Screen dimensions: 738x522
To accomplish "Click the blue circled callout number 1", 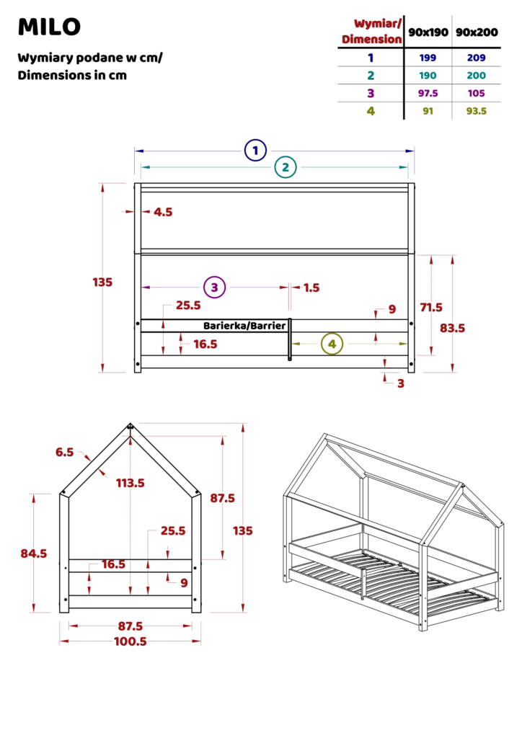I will click(255, 151).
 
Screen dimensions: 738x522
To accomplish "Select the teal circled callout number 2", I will click(285, 168).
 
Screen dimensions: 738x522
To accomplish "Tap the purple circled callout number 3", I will click(214, 287).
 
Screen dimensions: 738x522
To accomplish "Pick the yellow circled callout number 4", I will click(332, 344).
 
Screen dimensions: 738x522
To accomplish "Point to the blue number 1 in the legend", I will click(371, 58).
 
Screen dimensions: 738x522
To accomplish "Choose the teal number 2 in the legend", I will click(370, 75).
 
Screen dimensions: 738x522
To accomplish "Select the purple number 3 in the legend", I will click(370, 92).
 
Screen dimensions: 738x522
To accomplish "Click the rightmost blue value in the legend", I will click(477, 58).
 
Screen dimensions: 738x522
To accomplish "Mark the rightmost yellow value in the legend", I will click(476, 110).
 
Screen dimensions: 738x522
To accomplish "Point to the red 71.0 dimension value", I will click(431, 308).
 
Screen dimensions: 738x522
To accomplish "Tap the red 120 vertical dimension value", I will click(103, 283).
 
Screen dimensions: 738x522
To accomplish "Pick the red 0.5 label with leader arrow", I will click(64, 453).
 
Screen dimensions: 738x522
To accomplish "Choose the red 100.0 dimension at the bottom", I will click(131, 641).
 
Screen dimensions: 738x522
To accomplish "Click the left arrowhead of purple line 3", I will click(146, 288).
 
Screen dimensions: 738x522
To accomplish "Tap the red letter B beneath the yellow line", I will click(402, 383).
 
